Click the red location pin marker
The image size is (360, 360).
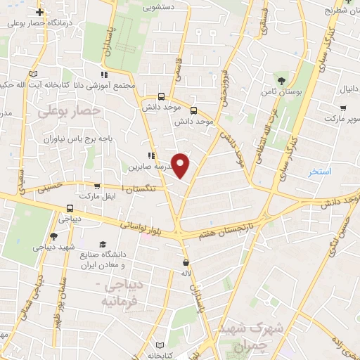(181, 165)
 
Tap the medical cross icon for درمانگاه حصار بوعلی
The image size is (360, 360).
(40, 12)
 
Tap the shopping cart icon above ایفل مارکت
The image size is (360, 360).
(96, 186)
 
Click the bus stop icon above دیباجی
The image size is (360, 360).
(69, 208)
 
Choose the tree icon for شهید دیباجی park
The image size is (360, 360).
(53, 236)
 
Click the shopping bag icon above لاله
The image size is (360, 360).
(185, 262)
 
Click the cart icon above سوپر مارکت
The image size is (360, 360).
(343, 108)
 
